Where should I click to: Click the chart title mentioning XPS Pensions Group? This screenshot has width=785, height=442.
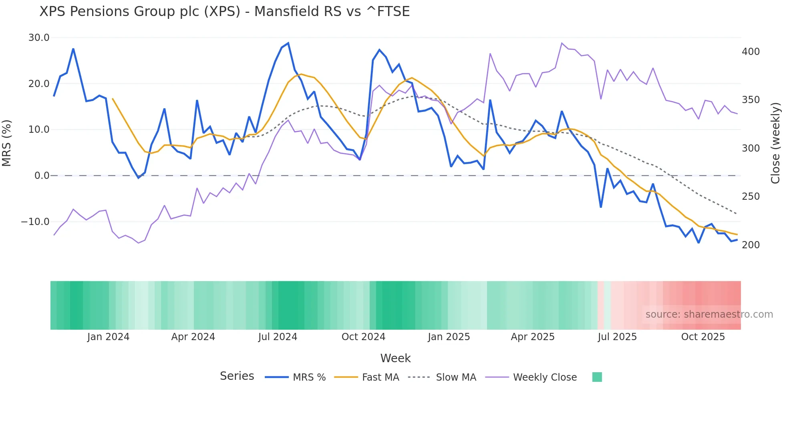(224, 12)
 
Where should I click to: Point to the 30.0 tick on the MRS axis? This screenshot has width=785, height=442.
(38, 38)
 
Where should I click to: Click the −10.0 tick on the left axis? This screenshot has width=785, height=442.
(35, 221)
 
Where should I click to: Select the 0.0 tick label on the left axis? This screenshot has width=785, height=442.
(42, 176)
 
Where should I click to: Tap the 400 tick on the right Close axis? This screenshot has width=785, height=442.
(751, 52)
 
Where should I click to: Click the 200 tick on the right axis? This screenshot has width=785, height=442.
(751, 245)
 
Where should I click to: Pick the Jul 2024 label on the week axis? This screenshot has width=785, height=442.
(278, 337)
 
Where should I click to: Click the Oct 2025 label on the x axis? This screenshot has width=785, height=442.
(703, 337)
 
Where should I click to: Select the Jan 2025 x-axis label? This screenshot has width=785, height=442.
(449, 337)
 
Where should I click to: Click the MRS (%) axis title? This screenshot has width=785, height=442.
(7, 143)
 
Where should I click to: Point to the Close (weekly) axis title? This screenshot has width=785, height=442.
(775, 143)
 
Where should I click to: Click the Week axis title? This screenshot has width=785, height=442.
(395, 358)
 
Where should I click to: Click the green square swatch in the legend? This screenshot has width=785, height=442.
(597, 377)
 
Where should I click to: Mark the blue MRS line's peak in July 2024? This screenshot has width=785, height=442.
(288, 43)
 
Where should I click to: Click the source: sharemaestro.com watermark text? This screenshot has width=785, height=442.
(709, 314)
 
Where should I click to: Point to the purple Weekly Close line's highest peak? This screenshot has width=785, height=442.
(562, 43)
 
